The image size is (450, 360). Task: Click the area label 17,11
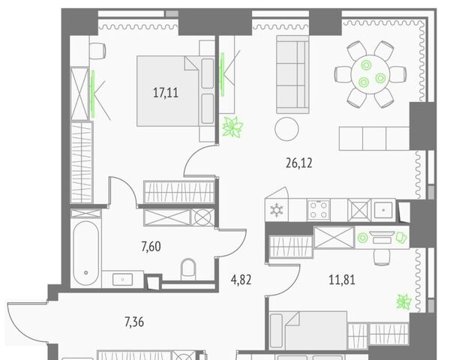coord(166,93)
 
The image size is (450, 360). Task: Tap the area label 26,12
coord(299,163)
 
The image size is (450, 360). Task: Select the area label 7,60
coord(151,247)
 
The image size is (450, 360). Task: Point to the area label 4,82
coord(241,280)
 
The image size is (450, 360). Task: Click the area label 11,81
coord(342,280)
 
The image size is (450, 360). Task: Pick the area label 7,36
coord(134,322)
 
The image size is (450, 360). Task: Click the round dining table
coord(370,74)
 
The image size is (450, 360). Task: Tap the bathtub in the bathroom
coord(85,253)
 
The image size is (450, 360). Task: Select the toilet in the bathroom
coord(188,269)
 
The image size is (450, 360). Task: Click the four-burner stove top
coord(319,210)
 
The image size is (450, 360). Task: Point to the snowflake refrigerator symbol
coord(277,210)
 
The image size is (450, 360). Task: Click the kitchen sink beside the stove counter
coord(384,210)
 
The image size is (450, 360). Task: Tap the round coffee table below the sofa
coord(286,129)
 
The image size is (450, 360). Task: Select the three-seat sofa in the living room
coord(292,74)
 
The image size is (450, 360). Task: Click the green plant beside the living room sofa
coord(232,126)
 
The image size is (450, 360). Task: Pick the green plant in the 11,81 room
coord(403,302)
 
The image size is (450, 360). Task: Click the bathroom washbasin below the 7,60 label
coord(122,279)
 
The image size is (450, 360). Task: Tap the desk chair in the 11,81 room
coord(382,257)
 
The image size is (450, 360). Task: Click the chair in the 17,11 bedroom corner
coord(97,51)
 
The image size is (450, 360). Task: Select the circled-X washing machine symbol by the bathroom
coord(202,217)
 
